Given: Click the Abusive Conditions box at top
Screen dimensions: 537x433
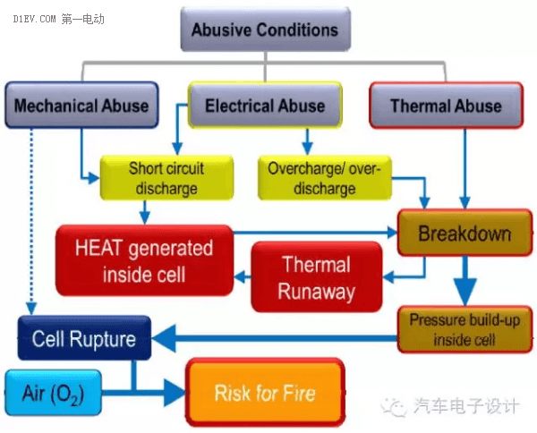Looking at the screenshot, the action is click(266, 30).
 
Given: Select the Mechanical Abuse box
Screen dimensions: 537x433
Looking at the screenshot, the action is click(81, 105).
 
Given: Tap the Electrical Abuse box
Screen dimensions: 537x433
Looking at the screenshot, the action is click(265, 105).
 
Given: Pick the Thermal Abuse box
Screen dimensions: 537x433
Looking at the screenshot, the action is click(446, 105).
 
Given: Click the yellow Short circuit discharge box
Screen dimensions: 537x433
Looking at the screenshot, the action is click(166, 178).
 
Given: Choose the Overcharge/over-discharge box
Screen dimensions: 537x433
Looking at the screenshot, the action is click(324, 178).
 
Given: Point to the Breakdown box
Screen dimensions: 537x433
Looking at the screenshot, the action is click(465, 233).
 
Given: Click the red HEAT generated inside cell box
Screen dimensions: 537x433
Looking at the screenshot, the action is click(144, 260).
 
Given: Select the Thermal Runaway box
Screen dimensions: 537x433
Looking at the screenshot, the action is click(317, 277).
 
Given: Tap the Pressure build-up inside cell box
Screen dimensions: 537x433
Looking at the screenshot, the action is click(465, 329).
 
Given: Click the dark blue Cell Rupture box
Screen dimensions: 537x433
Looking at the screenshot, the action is click(84, 338).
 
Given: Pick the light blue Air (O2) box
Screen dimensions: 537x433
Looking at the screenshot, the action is click(53, 393).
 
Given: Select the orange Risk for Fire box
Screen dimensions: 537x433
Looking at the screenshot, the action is click(265, 392).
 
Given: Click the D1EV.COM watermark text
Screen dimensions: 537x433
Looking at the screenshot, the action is click(34, 19).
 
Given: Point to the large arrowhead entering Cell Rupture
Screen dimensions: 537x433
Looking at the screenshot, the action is click(164, 338).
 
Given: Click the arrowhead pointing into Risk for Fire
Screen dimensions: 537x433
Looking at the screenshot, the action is click(175, 392).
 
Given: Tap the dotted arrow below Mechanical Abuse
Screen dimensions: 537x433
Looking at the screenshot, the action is click(31, 222).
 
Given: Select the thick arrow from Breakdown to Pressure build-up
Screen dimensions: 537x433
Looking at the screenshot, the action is click(465, 281).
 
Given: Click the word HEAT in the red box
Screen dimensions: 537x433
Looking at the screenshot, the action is click(98, 248).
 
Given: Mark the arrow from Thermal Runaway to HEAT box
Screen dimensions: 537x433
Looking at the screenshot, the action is click(243, 276).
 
